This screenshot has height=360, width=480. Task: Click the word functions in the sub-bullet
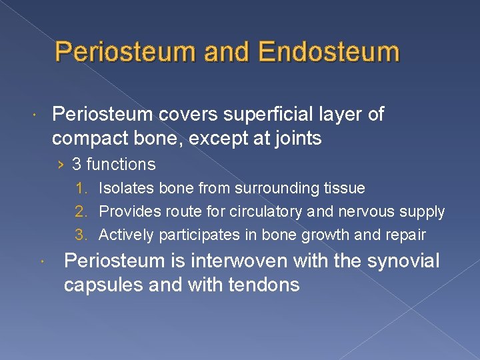[x=122, y=164]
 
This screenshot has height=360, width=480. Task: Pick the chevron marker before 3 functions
[x=61, y=165]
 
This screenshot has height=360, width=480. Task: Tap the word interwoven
[x=237, y=261]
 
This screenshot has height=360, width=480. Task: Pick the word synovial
[x=403, y=261]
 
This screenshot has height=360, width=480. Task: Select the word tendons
[x=265, y=285]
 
